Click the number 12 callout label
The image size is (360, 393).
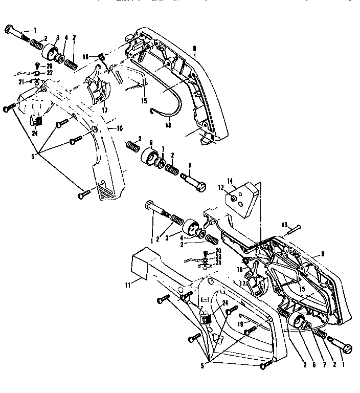click(221, 188)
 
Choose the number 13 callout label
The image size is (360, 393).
click(283, 224)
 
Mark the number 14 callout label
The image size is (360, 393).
click(230, 180)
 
